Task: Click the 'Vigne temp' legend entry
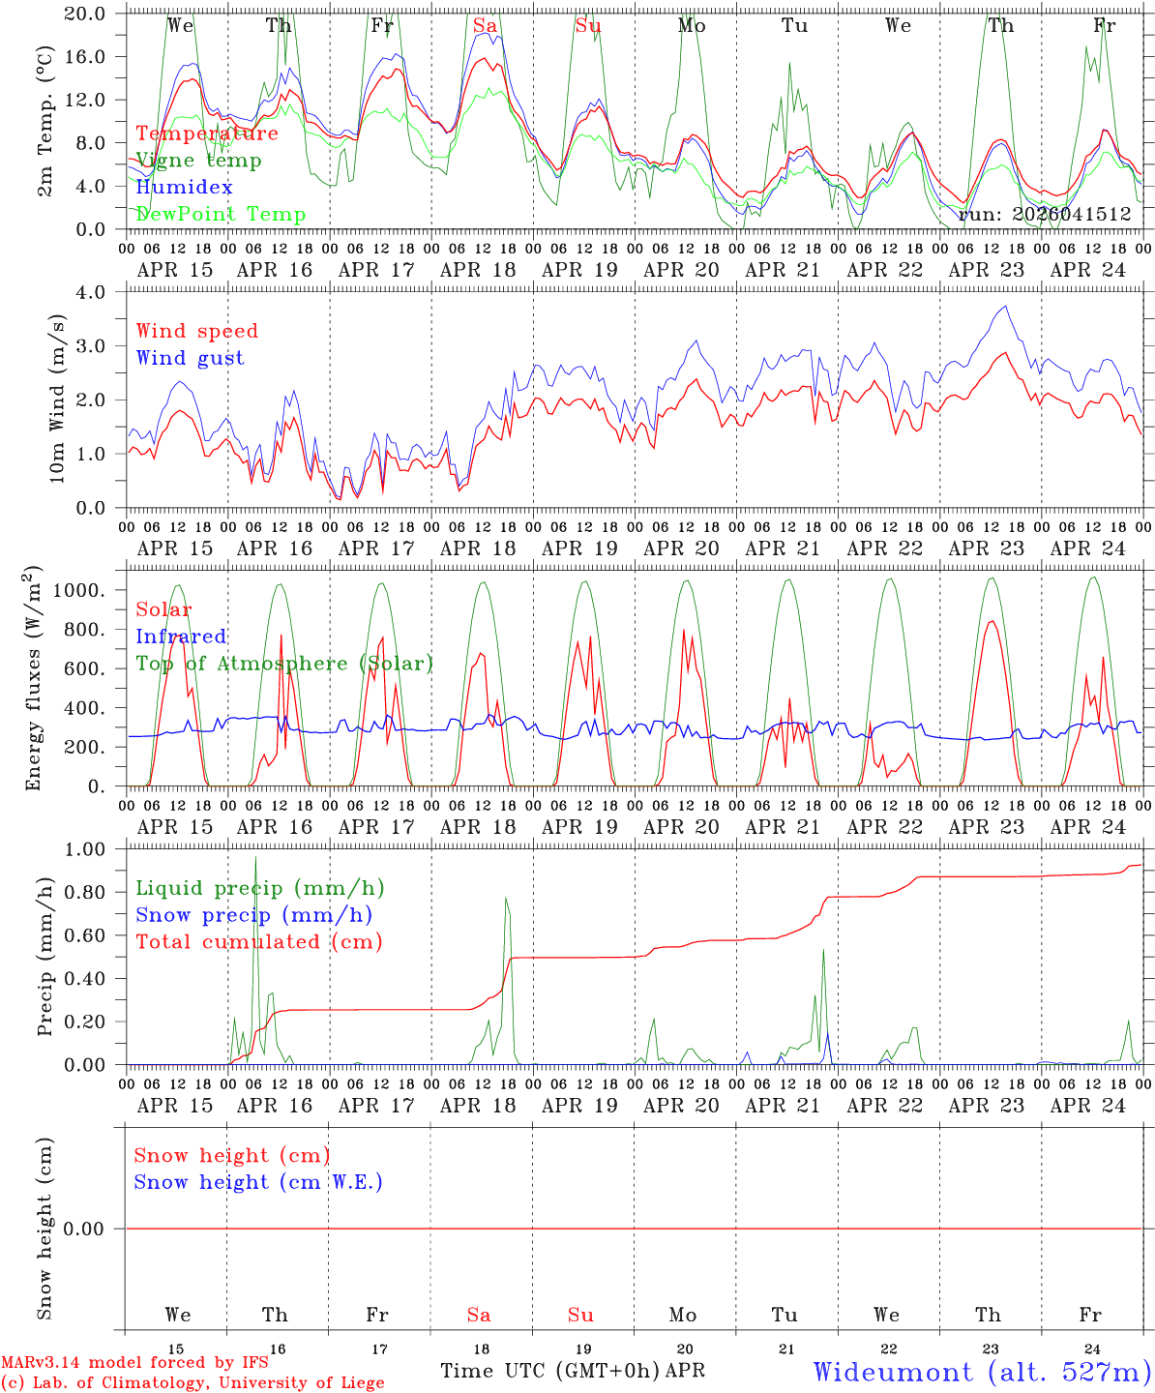point(198,161)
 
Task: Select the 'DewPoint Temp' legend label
point(221,215)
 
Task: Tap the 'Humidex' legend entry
point(184,188)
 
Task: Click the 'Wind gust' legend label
point(190,358)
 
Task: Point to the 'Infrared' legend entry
point(181,637)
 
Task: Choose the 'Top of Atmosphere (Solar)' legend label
point(284,664)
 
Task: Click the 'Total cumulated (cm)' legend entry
point(259,942)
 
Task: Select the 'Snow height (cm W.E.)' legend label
point(258,1182)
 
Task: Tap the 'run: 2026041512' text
point(1045,215)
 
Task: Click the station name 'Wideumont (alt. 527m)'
point(982,1372)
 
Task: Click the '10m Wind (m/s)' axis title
point(57,399)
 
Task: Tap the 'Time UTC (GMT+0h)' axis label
point(550,1371)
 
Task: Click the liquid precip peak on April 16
point(255,857)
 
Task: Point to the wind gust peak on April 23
point(1006,307)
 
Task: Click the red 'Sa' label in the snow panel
point(479,1315)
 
